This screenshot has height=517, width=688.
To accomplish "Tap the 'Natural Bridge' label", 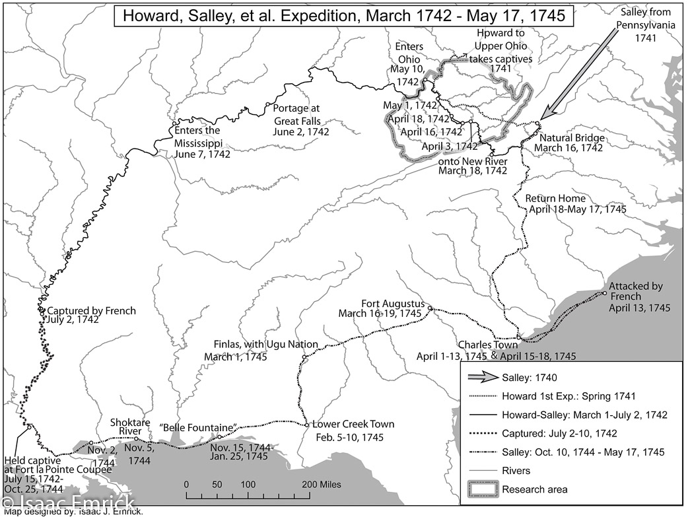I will (572, 138).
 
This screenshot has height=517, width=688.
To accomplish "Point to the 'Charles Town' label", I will (487, 345).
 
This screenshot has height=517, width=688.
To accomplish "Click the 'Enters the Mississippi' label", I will (197, 130).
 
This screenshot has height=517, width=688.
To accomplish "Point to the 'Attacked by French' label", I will (636, 287).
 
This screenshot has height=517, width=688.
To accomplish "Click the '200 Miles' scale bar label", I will (322, 485).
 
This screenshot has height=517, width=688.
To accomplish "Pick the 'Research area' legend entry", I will (535, 489).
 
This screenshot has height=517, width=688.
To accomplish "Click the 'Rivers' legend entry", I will (516, 471).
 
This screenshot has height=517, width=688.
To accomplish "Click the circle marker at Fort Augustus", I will (430, 309).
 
